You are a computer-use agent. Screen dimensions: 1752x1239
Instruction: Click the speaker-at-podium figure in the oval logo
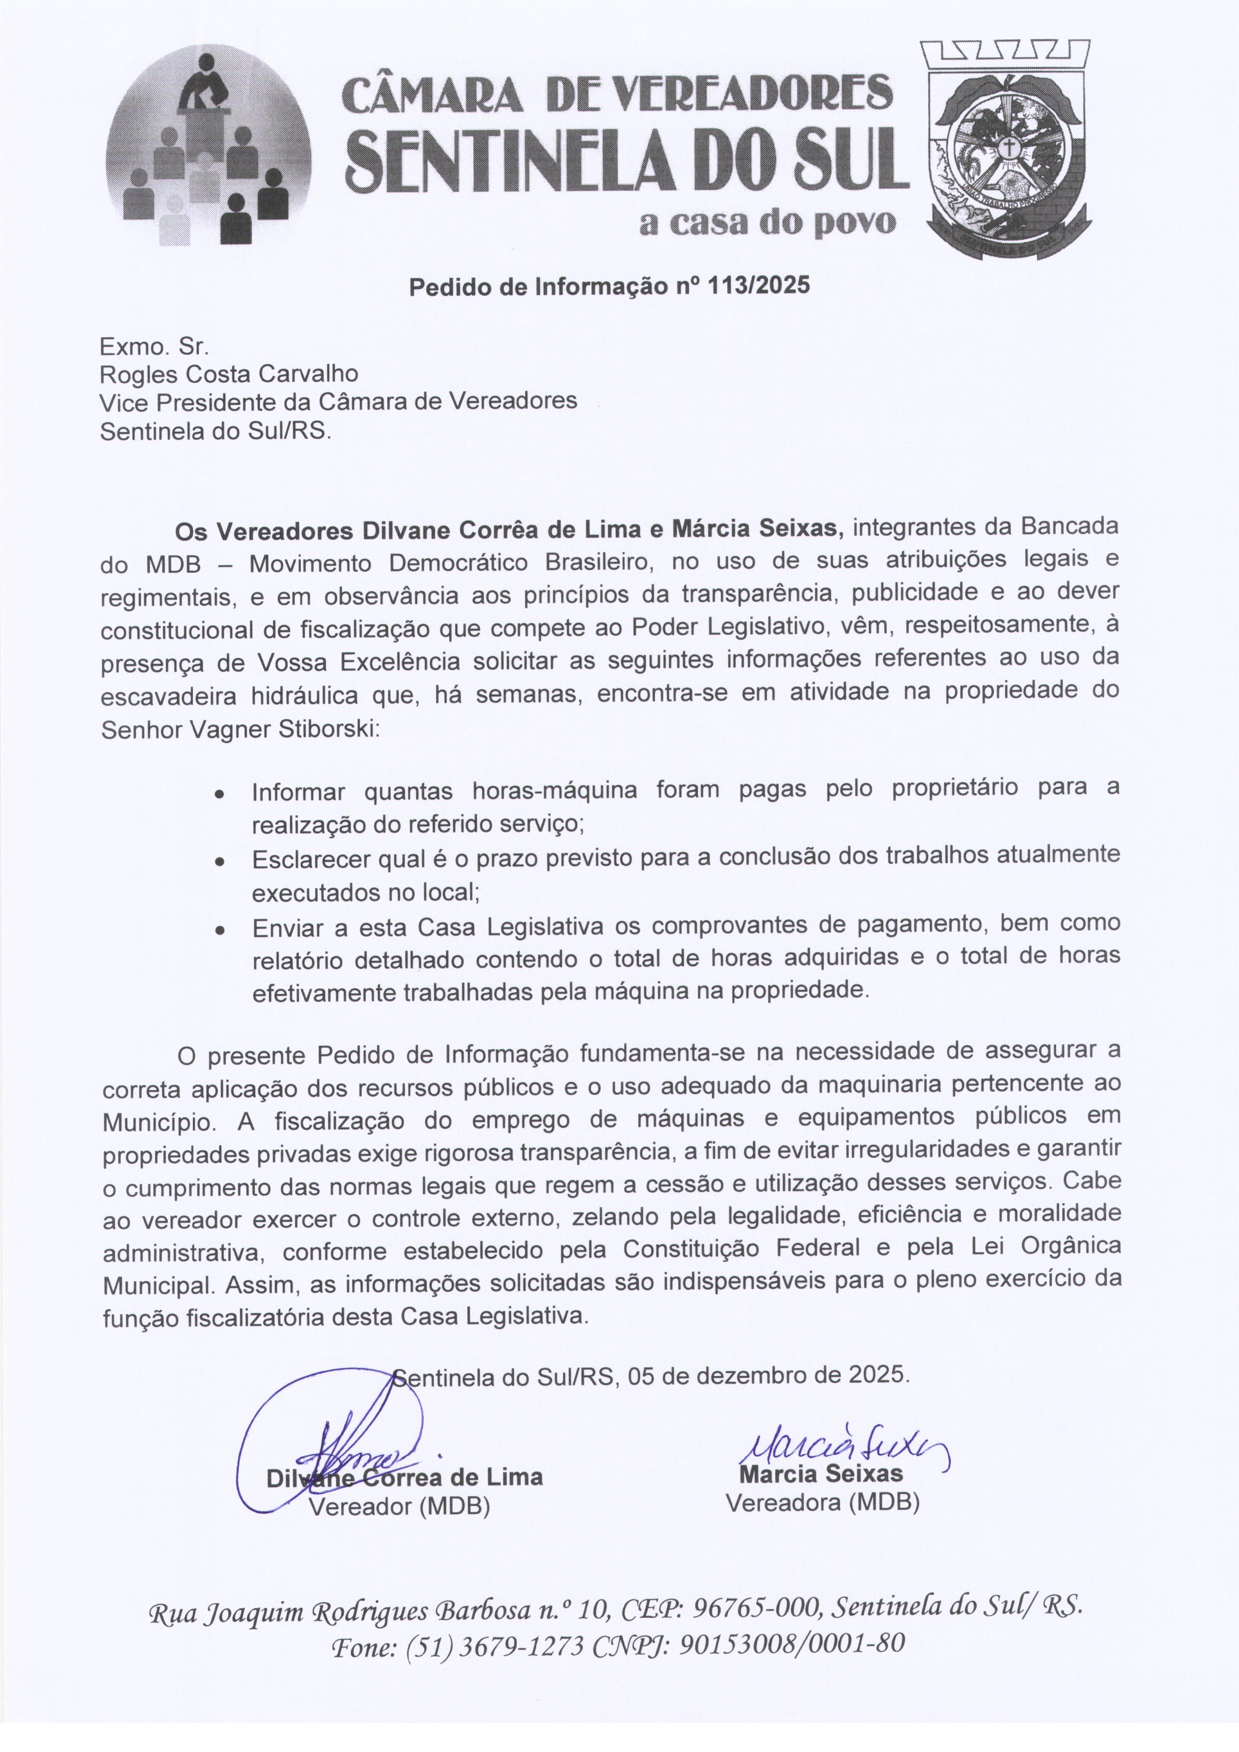[202, 88]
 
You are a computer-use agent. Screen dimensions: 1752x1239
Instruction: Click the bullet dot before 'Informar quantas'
[219, 794]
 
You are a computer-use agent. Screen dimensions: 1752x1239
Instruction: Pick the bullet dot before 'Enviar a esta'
[219, 931]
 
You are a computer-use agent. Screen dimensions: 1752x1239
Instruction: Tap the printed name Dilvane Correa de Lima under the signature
[404, 1477]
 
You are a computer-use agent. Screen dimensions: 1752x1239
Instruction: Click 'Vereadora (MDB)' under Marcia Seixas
[822, 1503]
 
